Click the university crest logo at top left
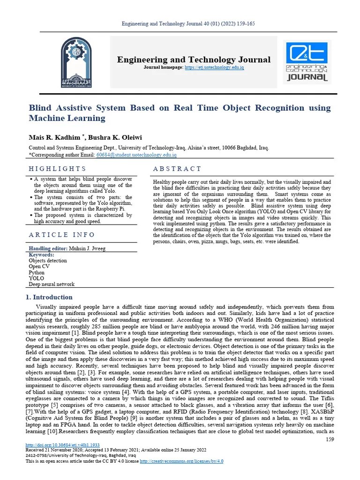tap(76, 62)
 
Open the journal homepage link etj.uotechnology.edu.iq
tap(214, 68)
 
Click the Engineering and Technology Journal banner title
tap(194, 60)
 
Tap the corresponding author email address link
tap(136, 154)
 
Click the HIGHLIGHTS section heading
tap(58, 169)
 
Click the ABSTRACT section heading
tap(177, 169)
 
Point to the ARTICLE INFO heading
tap(62, 234)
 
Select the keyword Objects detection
tap(48, 261)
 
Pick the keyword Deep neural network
tap(52, 284)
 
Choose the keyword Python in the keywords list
tap(37, 272)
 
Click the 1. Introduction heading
tap(49, 297)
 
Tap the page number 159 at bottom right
tap(329, 439)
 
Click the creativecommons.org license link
tap(181, 461)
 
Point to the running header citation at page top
tap(188, 23)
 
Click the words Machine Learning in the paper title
tap(67, 118)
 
